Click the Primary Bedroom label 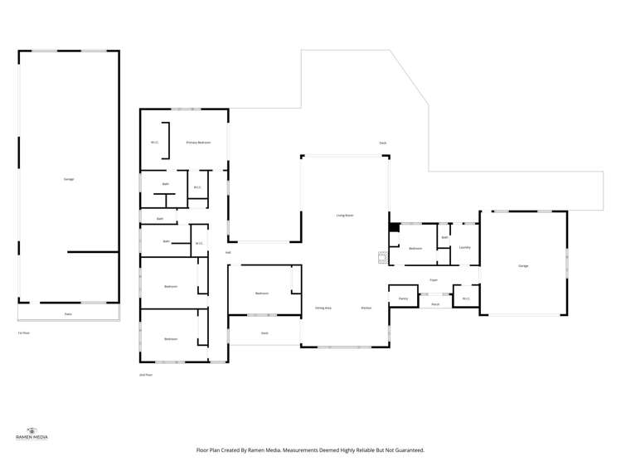click(198, 143)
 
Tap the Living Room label click(345, 215)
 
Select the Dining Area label click(323, 308)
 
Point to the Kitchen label click(366, 308)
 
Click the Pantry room click(403, 298)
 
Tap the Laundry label click(465, 247)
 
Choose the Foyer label click(434, 280)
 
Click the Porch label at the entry click(435, 304)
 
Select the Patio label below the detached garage click(68, 314)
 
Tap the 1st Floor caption click(24, 333)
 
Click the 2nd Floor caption click(146, 375)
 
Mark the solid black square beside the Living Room click(395, 227)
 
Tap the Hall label click(227, 252)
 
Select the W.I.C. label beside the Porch click(466, 299)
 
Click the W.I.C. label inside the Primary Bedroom click(154, 143)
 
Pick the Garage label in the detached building click(69, 179)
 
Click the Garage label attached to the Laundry click(523, 266)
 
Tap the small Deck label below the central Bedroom click(264, 333)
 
